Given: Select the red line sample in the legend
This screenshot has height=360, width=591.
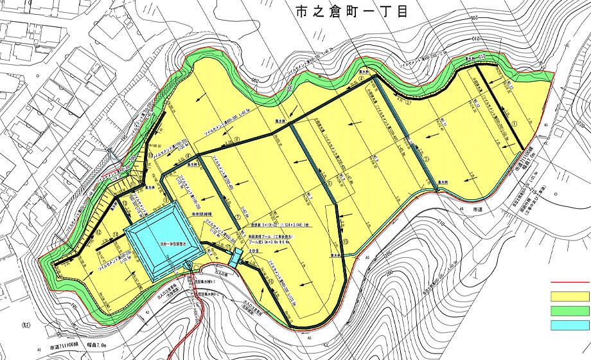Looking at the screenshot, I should (x=570, y=282).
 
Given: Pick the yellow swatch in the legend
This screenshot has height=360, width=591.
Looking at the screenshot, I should (x=570, y=297).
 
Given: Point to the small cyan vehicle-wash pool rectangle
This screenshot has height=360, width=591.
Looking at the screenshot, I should (x=236, y=256).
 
